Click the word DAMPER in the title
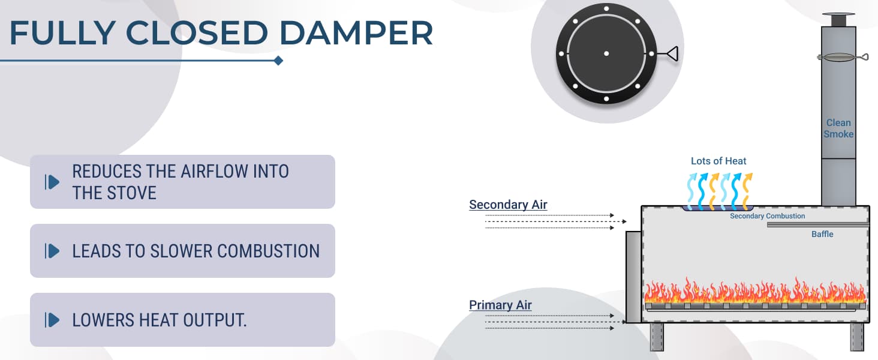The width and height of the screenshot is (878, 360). pyautogui.click(x=356, y=34)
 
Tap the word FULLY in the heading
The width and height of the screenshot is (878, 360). pyautogui.click(x=56, y=34)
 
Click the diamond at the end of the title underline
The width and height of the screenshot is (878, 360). pyautogui.click(x=278, y=61)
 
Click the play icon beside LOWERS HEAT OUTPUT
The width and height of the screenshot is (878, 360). pyautogui.click(x=52, y=320)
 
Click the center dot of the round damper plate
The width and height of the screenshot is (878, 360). pyautogui.click(x=606, y=54)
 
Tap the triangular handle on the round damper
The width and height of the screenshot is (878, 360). pyautogui.click(x=672, y=54)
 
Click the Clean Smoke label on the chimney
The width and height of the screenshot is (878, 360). pyautogui.click(x=838, y=128)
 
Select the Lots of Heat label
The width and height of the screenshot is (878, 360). pyautogui.click(x=718, y=161)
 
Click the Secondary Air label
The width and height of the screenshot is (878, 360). pyautogui.click(x=508, y=205)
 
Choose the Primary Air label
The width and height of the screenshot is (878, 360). pyautogui.click(x=500, y=305)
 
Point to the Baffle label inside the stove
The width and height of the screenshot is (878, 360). pyautogui.click(x=822, y=234)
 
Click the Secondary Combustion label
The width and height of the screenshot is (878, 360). pyautogui.click(x=767, y=216)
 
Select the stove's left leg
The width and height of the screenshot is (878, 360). pyautogui.click(x=657, y=336)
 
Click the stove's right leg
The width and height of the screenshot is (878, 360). pyautogui.click(x=857, y=336)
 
